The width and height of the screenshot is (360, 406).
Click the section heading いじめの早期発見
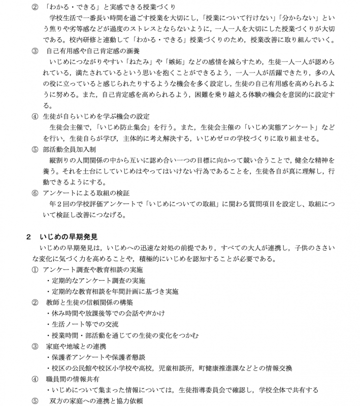[x=68, y=236]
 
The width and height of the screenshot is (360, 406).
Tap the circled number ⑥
[x=35, y=193]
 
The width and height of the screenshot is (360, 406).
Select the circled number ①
[x=35, y=270]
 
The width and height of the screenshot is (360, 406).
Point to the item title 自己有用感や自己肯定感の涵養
[x=92, y=51]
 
